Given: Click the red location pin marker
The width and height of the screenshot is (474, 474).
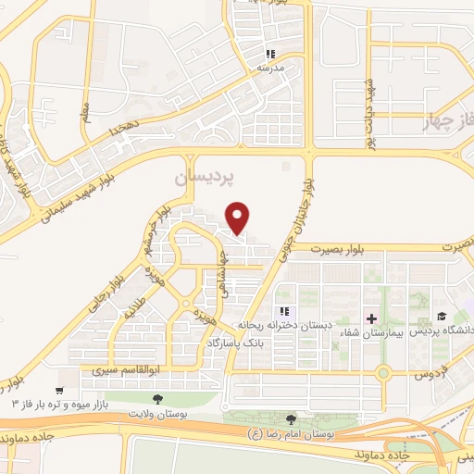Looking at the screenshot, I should click(239, 218).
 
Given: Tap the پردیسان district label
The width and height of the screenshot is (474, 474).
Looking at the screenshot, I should click(206, 174).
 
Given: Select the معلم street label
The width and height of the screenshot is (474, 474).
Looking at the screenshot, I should click(86, 114).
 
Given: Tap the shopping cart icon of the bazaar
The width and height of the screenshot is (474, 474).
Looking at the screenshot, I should click(61, 392).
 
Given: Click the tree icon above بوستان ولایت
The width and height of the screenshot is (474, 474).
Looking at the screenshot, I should click(156, 400).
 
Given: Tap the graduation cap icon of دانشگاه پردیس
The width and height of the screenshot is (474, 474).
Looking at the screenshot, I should click(441, 318).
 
